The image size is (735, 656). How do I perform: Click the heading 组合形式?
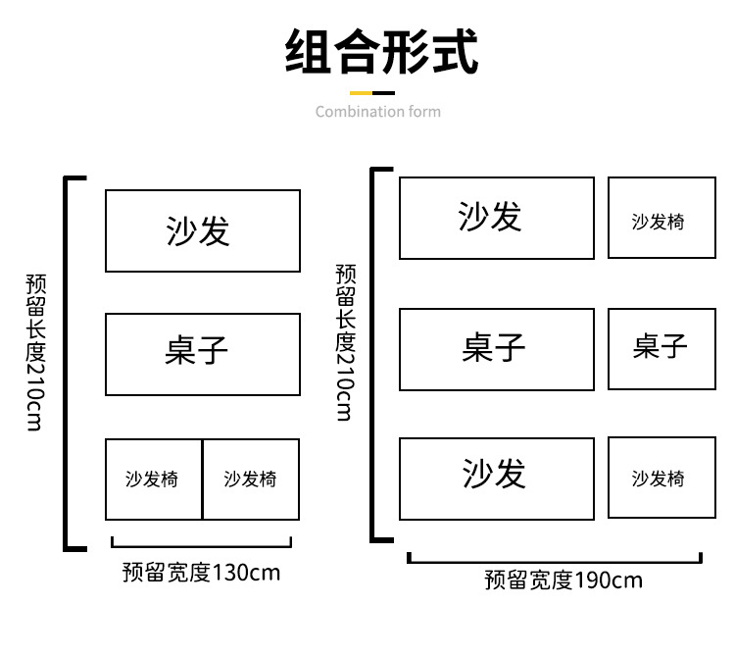pos(381,52)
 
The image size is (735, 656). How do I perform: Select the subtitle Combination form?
pos(378,112)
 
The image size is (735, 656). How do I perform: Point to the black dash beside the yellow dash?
pos(395,93)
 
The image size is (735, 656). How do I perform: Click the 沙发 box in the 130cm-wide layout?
pos(202,231)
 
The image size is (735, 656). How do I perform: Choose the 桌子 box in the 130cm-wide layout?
pos(202,354)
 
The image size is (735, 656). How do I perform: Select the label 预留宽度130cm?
pos(201,572)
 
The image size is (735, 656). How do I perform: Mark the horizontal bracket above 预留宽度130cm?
pos(201,543)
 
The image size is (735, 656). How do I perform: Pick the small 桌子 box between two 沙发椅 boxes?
pos(661,348)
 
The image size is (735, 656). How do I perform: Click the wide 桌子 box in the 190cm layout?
pos(496,348)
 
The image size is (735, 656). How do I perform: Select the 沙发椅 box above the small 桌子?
pos(661,218)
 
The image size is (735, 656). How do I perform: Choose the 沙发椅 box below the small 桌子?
pos(661,478)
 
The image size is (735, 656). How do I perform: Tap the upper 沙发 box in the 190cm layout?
pos(496,218)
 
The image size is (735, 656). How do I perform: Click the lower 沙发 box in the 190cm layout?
pos(496,478)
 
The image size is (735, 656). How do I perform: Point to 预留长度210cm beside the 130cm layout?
pos(36,353)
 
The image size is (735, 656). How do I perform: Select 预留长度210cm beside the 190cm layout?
pos(345,343)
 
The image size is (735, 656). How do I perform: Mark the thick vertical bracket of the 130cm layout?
pos(68,363)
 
